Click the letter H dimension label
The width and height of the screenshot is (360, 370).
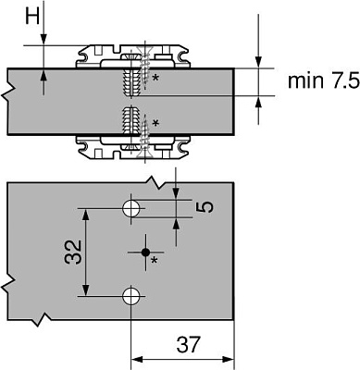click(x=32, y=16)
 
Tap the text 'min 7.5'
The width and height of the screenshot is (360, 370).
click(x=324, y=81)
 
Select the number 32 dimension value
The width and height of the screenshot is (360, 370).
click(x=73, y=253)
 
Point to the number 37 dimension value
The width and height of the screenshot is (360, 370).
click(x=189, y=344)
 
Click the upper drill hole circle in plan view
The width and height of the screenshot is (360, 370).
click(x=130, y=208)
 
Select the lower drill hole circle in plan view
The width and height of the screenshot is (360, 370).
click(x=130, y=296)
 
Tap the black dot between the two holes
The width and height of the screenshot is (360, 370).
click(x=145, y=253)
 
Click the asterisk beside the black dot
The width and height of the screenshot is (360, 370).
click(x=155, y=261)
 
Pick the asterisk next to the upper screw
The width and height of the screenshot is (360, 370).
click(x=155, y=78)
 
